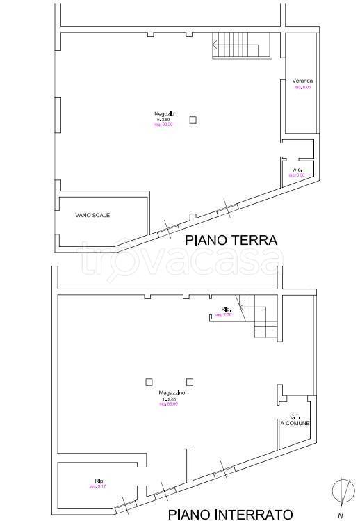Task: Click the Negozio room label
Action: [x=165, y=113]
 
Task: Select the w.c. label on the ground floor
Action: [x=297, y=170]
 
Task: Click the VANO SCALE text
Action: [x=92, y=215]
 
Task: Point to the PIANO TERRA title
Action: [x=231, y=241]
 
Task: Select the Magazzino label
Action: [x=171, y=392]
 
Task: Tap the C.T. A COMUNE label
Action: [x=295, y=419]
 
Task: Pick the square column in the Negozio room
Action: [x=193, y=120]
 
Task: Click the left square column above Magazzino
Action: [x=149, y=380]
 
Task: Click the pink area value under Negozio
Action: [x=164, y=125]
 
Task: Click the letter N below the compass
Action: [x=339, y=515]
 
